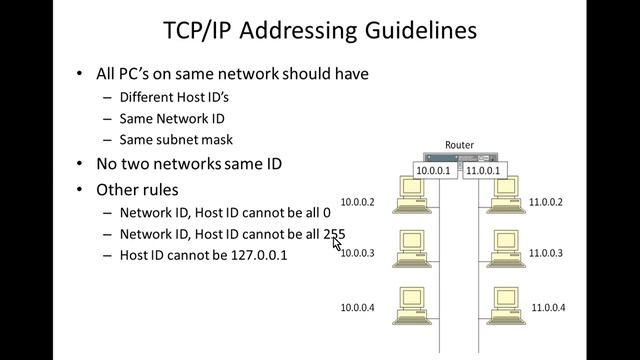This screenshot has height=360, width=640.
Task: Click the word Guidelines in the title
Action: tap(421, 31)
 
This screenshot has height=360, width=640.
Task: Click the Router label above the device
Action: tap(459, 145)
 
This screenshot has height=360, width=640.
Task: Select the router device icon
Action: tap(460, 157)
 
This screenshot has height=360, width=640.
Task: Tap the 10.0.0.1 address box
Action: tap(433, 171)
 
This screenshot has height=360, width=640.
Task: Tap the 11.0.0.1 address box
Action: tap(485, 171)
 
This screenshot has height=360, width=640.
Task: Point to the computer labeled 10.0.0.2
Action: tap(412, 195)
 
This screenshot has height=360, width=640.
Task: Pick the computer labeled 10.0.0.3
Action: tap(412, 249)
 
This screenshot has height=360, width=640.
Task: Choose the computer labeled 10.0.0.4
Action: tap(412, 306)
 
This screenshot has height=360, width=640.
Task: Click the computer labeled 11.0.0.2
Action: tap(506, 195)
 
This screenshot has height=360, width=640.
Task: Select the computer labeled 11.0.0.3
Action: tap(506, 249)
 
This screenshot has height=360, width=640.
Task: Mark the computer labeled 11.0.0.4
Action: tap(506, 306)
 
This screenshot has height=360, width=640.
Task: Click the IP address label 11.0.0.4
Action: tap(548, 307)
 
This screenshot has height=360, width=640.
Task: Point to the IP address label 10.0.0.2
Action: tap(358, 202)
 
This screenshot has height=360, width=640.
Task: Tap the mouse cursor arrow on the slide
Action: tap(336, 244)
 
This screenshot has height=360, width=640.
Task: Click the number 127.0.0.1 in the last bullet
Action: tap(259, 256)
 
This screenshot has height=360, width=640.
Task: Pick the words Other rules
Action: tap(137, 190)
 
